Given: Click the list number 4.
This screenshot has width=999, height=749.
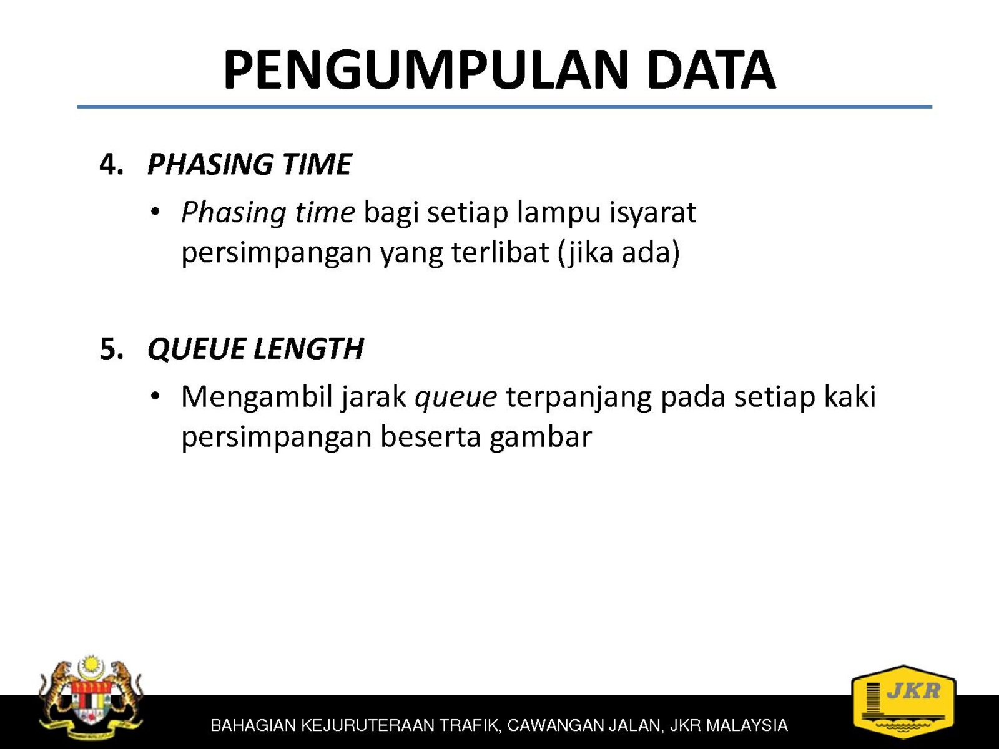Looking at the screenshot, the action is click(112, 164).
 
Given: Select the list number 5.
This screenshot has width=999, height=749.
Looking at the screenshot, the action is click(112, 350).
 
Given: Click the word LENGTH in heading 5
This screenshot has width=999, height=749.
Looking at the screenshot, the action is click(308, 350).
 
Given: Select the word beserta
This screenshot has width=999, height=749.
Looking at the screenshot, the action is click(431, 438).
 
